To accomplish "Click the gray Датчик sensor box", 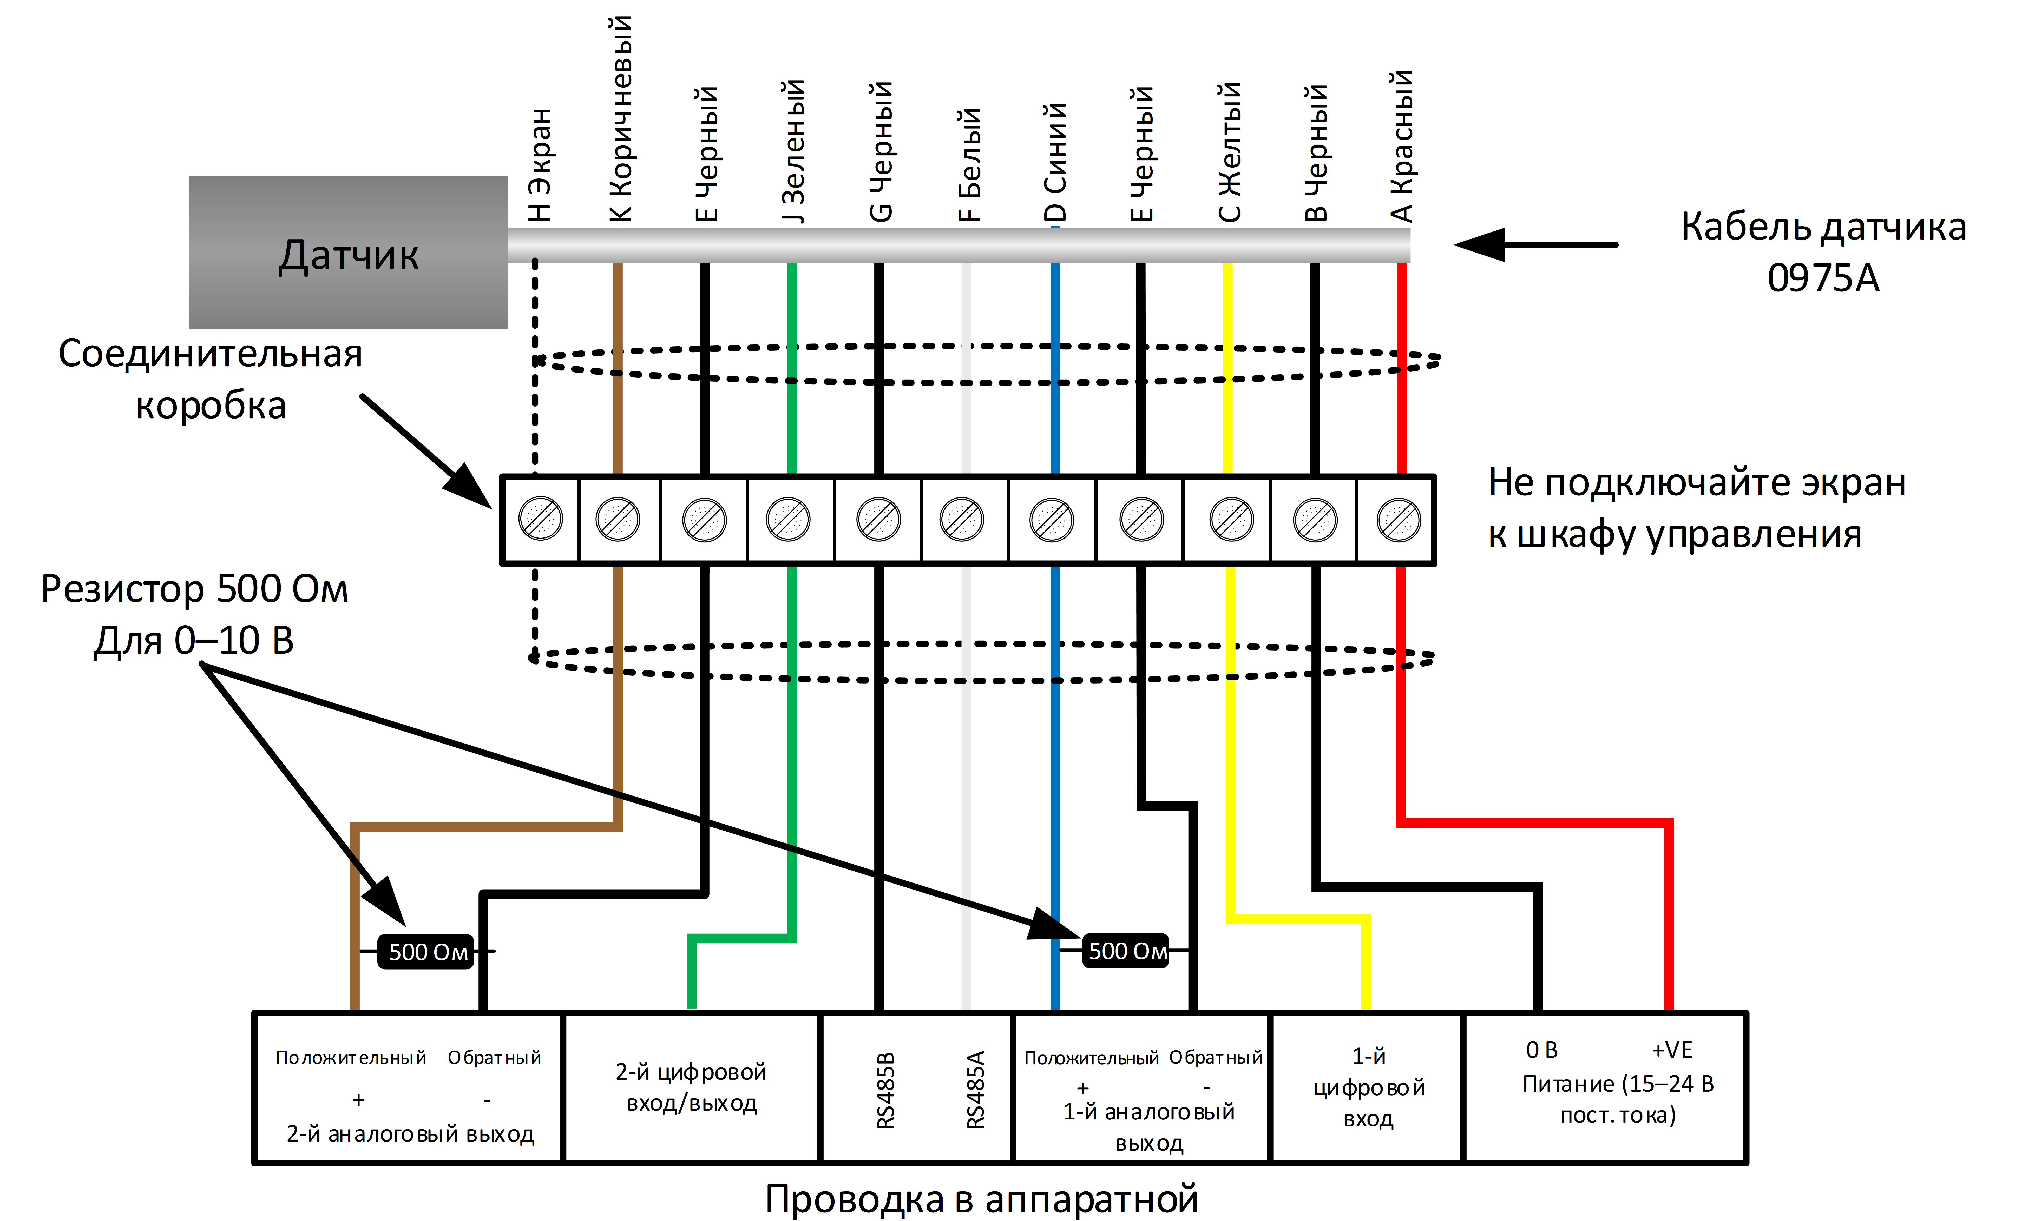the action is tap(348, 252).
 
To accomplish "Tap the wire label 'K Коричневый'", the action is tap(620, 118).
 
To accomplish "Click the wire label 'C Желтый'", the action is tap(1229, 152).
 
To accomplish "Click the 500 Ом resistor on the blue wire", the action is tap(1126, 951).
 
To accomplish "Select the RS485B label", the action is tap(885, 1090).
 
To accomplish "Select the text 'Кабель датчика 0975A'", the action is tap(1823, 252).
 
